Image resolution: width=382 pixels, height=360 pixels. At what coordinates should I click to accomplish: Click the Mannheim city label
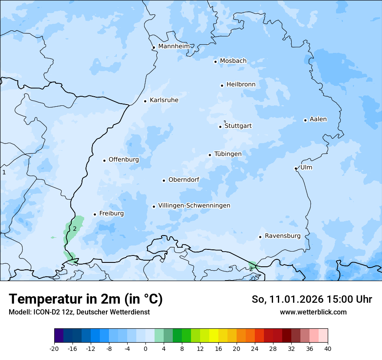(174, 46)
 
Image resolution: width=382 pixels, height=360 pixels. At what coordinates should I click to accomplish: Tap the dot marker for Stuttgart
(220, 127)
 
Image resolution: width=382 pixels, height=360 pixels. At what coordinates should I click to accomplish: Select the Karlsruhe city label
(164, 100)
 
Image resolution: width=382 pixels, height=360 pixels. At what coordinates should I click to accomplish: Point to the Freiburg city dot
(95, 214)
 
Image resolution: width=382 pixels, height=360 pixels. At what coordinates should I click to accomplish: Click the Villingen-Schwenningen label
(194, 206)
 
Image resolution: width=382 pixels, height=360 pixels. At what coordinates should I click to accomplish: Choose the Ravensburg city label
(282, 236)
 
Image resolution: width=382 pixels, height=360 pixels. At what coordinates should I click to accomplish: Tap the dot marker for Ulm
(296, 168)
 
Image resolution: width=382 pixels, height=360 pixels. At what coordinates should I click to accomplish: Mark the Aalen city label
(318, 119)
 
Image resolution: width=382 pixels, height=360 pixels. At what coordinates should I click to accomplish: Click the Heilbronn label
(241, 85)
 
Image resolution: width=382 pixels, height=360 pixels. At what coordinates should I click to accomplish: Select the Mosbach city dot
(215, 62)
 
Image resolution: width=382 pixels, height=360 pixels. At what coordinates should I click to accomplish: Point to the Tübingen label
(228, 154)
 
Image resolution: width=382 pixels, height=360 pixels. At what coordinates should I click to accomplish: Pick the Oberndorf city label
(184, 180)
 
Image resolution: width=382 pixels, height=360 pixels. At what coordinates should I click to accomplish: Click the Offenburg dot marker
(104, 160)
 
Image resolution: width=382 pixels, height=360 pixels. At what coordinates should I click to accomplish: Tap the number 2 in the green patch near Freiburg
(75, 229)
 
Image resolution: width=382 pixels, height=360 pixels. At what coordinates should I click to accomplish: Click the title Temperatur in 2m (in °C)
(86, 299)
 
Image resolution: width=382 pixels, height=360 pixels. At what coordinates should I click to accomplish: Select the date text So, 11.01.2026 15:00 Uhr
(312, 299)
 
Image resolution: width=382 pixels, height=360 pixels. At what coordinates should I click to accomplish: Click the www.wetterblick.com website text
(313, 312)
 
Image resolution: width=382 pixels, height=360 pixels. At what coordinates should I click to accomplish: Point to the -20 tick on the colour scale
(54, 348)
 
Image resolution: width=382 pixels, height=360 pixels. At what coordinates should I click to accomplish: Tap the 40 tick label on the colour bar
(328, 348)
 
